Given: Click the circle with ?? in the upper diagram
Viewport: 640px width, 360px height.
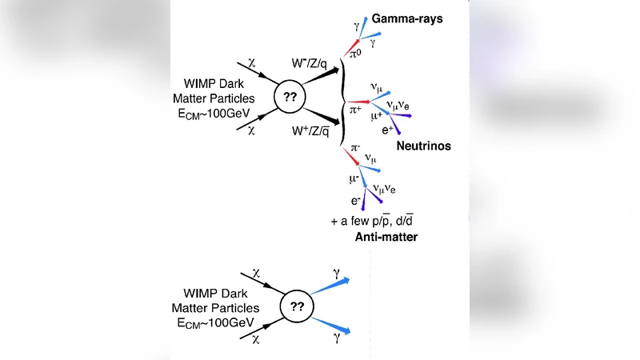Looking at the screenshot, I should click(x=290, y=98).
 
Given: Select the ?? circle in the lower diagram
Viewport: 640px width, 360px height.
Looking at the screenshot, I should click(x=296, y=306).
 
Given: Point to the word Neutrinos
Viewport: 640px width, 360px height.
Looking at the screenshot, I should click(x=423, y=146).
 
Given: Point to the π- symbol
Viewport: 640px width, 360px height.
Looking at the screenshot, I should click(x=354, y=150).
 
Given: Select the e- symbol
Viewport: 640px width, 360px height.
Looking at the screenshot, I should click(x=357, y=201).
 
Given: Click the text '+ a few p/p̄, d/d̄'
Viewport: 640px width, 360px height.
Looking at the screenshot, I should click(x=375, y=221).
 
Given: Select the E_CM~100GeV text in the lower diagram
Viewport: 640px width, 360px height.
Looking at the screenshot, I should click(x=214, y=321).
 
